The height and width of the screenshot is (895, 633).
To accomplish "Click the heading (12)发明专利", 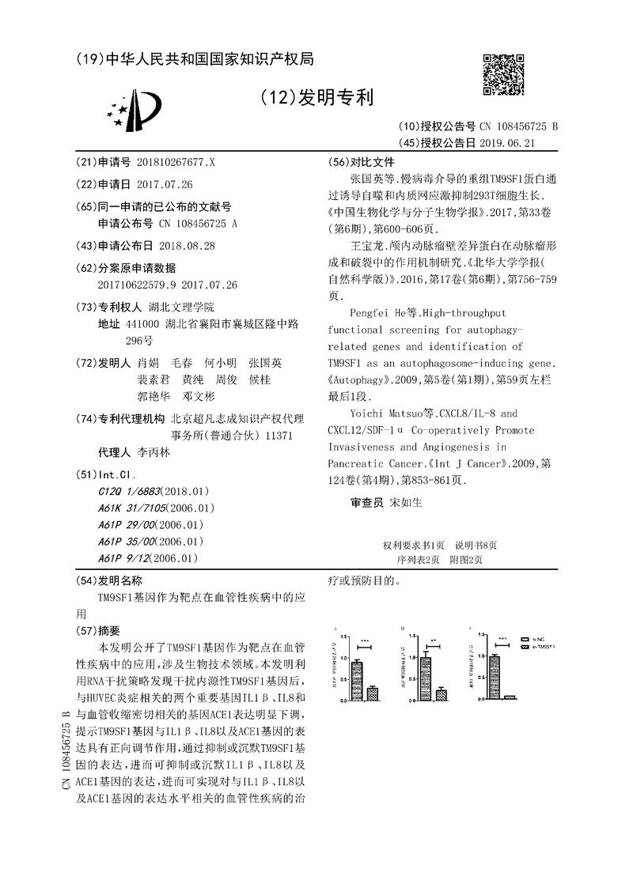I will pos(316,97).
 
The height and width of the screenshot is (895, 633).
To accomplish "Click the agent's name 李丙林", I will pos(154,454).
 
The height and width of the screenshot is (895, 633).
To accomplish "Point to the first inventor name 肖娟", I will pos(147,363).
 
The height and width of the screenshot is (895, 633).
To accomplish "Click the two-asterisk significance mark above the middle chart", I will pos(434,641).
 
